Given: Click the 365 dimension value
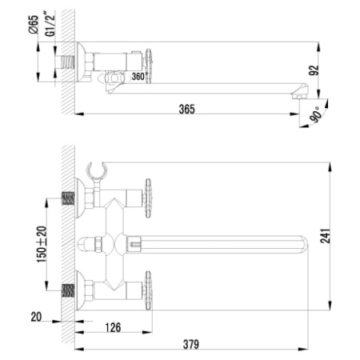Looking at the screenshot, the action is point(186,109).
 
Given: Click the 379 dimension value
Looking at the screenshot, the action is point(191,344).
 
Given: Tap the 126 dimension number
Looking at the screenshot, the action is point(113,327).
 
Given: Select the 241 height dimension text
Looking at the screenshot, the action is point(325,236).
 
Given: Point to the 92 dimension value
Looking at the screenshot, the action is point(314,70).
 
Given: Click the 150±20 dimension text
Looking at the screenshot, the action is point(42,244).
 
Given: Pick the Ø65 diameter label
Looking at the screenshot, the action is point(34,25).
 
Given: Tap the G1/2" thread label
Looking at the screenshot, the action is point(50,24).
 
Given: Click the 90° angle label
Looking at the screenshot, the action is point(316,114).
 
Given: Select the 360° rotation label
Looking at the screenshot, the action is point(138,77).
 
